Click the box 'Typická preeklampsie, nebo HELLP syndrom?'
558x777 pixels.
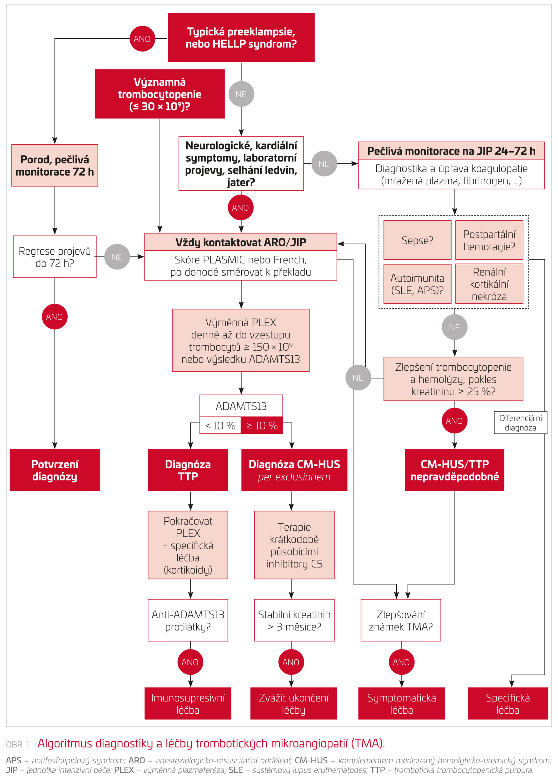click(241, 38)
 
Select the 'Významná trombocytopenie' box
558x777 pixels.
click(160, 94)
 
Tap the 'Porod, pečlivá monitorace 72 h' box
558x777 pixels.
click(55, 165)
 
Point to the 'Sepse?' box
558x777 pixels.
click(417, 240)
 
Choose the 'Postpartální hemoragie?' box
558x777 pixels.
click(489, 240)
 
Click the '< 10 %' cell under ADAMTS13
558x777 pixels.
click(220, 426)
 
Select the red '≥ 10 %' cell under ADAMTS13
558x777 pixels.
click(262, 426)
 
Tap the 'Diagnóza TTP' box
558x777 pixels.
click(188, 470)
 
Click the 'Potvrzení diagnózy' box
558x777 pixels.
click(55, 470)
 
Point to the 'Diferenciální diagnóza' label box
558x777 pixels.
click(520, 423)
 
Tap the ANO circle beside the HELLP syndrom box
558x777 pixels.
click(142, 39)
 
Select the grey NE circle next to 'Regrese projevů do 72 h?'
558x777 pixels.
click(117, 257)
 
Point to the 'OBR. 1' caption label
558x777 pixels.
click(18, 744)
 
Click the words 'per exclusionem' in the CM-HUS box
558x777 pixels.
click(294, 477)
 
